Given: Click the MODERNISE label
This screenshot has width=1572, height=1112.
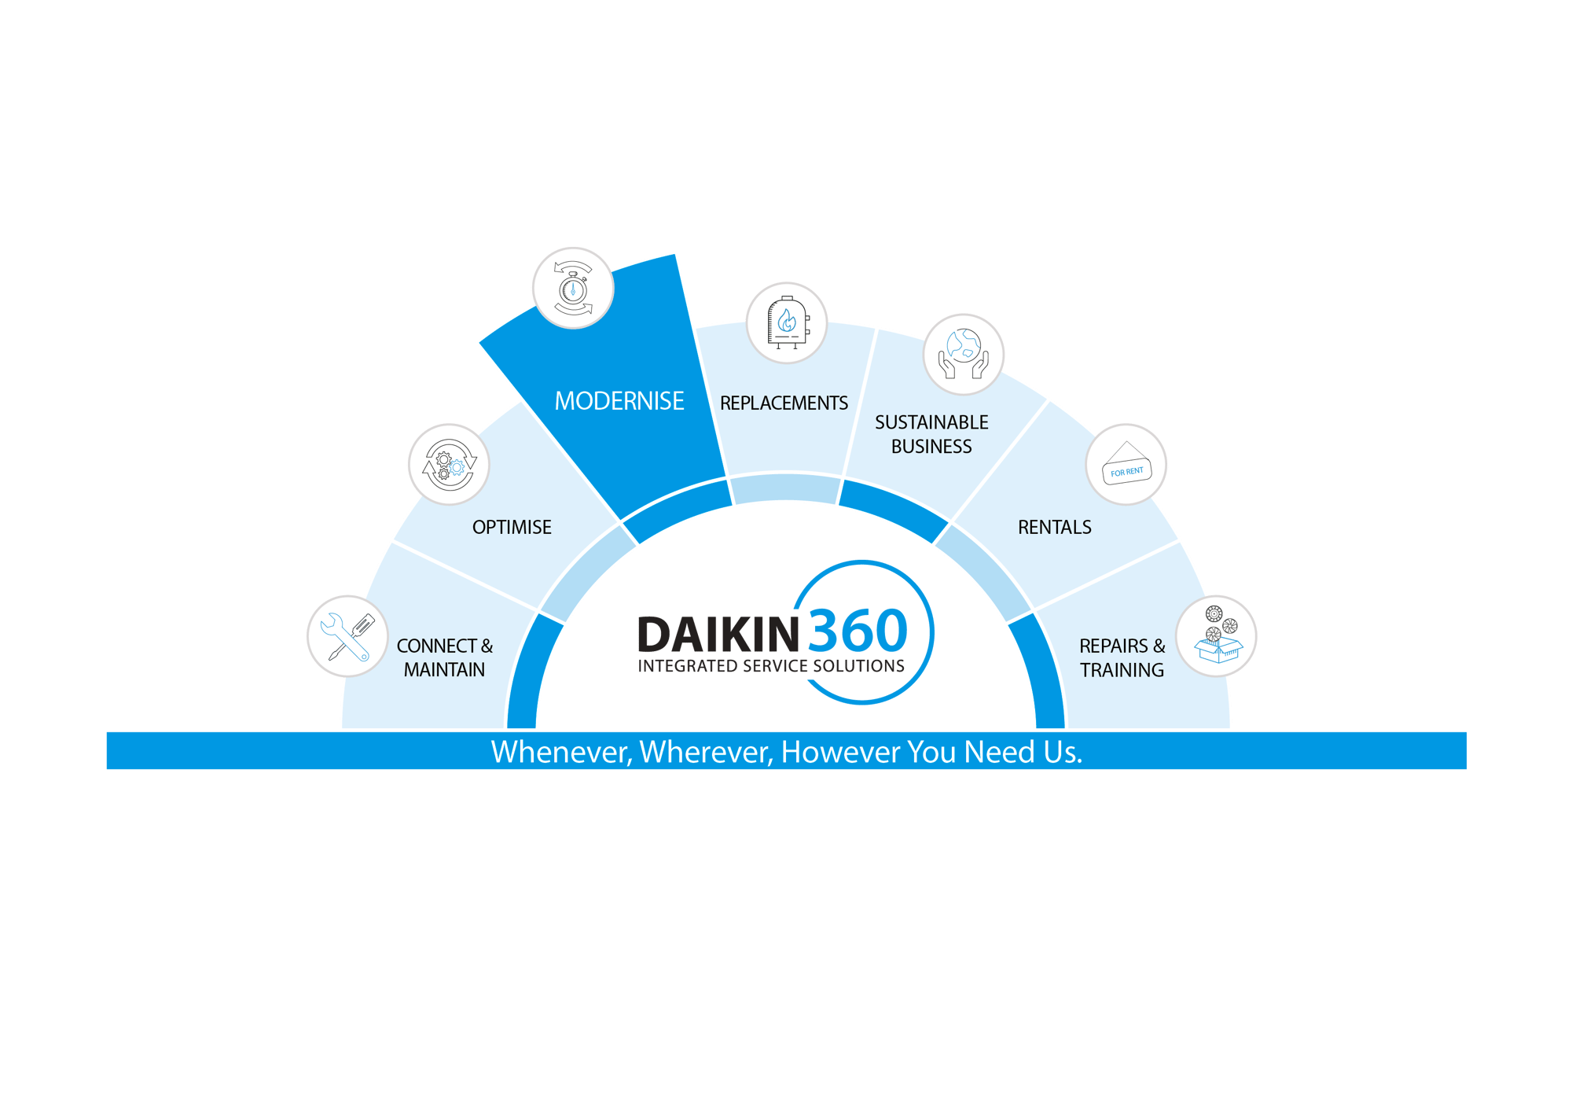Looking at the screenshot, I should pyautogui.click(x=619, y=401).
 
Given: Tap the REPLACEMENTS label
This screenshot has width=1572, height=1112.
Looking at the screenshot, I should pyautogui.click(x=784, y=403).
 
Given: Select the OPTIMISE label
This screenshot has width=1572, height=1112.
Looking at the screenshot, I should pyautogui.click(x=512, y=527).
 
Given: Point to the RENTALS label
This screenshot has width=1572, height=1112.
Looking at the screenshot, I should pyautogui.click(x=1054, y=527).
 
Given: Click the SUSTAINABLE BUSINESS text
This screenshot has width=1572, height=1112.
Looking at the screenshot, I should pyautogui.click(x=931, y=434).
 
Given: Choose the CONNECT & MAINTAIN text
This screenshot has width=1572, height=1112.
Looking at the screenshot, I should pyautogui.click(x=444, y=657).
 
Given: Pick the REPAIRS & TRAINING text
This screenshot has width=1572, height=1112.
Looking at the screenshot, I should pyautogui.click(x=1122, y=657).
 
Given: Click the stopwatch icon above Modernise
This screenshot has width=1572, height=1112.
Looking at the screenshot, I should pyautogui.click(x=573, y=288).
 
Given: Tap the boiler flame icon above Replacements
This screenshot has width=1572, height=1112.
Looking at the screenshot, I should pyautogui.click(x=786, y=322).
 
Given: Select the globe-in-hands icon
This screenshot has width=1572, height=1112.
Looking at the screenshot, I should pyautogui.click(x=963, y=354).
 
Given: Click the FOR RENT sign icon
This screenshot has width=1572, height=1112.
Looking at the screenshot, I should pyautogui.click(x=1126, y=465).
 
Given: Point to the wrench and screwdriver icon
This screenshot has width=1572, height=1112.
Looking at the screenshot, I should pyautogui.click(x=347, y=636).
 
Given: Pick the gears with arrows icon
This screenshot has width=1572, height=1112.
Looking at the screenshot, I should pyautogui.click(x=448, y=464).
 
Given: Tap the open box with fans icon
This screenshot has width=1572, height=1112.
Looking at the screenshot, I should pyautogui.click(x=1217, y=635).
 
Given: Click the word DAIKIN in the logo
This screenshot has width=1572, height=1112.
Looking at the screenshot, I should pyautogui.click(x=718, y=634).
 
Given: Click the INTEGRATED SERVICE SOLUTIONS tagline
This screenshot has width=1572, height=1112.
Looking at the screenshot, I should pyautogui.click(x=771, y=666).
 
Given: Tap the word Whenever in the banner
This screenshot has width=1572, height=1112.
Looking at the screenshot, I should pyautogui.click(x=561, y=752).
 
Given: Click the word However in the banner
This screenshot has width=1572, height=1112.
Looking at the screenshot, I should pyautogui.click(x=840, y=752).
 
